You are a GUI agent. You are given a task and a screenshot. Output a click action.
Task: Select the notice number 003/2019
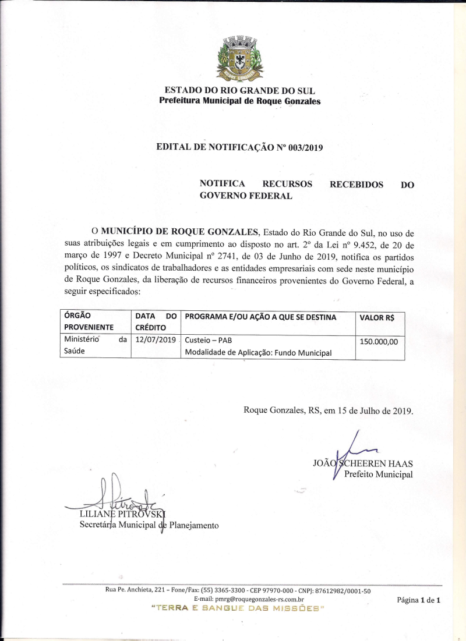(x=305, y=147)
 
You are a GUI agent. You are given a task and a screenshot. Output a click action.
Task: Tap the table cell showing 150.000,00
(x=379, y=342)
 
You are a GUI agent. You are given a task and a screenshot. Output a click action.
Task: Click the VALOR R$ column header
(x=377, y=317)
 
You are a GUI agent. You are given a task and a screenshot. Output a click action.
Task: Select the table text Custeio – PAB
(x=209, y=340)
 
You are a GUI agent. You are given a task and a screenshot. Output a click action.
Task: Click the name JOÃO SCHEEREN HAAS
(x=363, y=464)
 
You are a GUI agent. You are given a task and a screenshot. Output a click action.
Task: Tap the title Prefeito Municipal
(x=378, y=474)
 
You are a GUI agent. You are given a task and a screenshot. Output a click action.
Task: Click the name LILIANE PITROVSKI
(x=122, y=515)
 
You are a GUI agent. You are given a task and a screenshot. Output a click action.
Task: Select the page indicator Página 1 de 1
(x=418, y=600)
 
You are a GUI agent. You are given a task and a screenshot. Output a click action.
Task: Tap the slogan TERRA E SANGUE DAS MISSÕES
(x=237, y=608)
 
